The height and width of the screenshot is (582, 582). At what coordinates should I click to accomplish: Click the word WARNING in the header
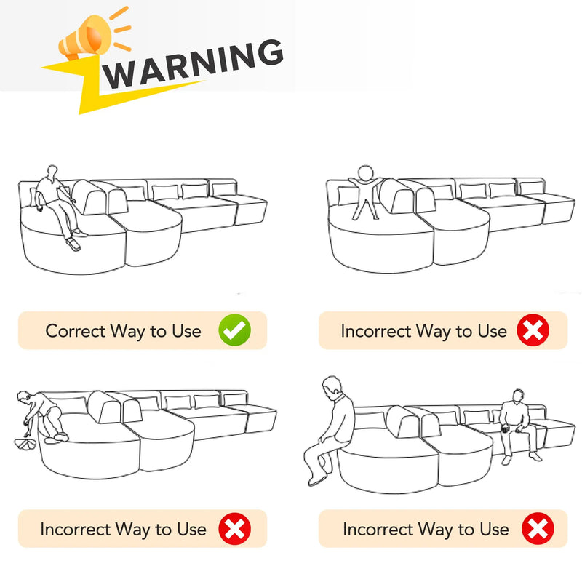(x=193, y=64)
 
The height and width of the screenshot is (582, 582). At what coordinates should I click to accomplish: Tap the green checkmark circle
(x=234, y=330)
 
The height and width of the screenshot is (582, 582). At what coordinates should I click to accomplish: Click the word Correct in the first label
(x=76, y=331)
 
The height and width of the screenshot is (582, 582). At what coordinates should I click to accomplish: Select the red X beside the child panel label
(x=533, y=330)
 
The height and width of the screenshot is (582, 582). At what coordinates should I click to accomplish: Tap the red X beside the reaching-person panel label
(x=234, y=529)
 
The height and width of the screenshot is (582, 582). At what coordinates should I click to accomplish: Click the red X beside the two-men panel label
(x=538, y=529)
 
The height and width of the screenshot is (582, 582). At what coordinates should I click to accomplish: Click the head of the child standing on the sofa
(x=366, y=173)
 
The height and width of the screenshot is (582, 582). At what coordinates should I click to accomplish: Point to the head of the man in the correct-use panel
(x=52, y=172)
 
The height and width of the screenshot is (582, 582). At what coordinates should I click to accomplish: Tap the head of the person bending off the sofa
(x=23, y=396)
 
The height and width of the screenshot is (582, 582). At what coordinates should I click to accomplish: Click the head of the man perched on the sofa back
(x=332, y=386)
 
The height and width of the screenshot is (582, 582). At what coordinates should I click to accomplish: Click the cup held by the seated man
(x=505, y=429)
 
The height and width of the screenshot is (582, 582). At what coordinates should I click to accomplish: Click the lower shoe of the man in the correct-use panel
(x=73, y=244)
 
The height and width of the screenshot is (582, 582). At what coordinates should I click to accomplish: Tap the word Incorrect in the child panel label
(x=375, y=331)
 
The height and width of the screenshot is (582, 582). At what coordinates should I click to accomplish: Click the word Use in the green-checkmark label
(x=187, y=331)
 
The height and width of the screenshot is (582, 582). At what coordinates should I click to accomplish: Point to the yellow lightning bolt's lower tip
(x=80, y=113)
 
